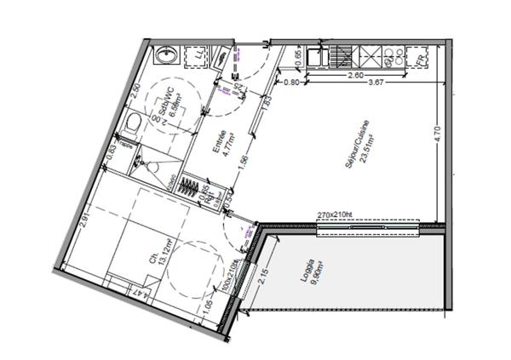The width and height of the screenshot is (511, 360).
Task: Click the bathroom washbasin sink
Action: (x=165, y=57)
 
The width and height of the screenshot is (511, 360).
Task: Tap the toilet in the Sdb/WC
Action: (x=132, y=126)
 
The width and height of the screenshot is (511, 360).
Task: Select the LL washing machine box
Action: (x=198, y=57)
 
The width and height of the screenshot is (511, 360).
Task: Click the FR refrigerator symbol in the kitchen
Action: (x=421, y=57)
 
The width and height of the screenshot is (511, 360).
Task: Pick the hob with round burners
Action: (x=394, y=57)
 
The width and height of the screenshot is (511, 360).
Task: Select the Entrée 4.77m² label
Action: (x=226, y=145)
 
